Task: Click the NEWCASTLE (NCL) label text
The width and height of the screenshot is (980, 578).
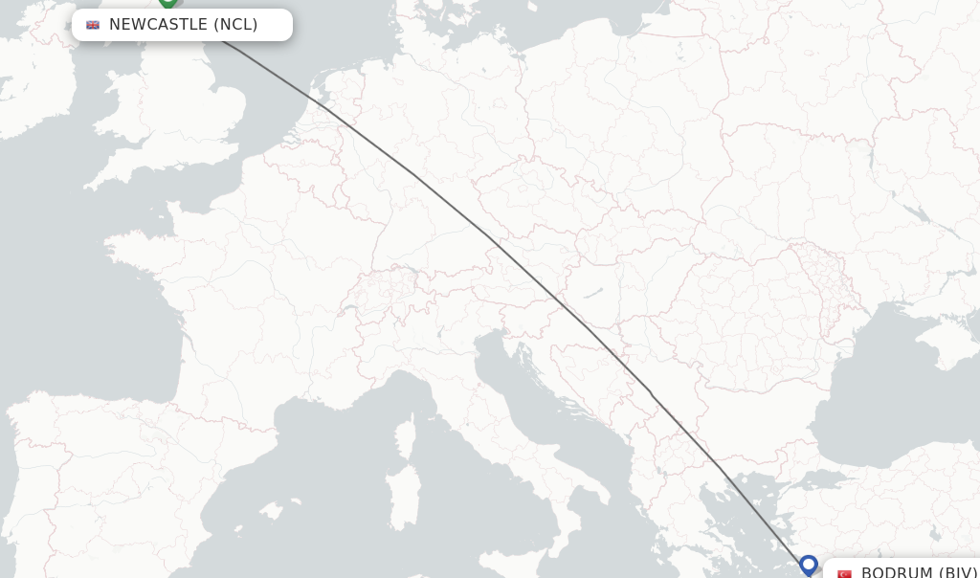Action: [x=183, y=25]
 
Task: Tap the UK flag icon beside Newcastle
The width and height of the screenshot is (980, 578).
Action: [x=93, y=25]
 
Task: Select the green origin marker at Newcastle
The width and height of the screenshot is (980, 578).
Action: [x=168, y=3]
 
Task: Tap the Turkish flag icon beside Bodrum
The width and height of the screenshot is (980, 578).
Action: [x=844, y=573]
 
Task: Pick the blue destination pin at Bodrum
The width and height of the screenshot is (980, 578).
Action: [x=809, y=565]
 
